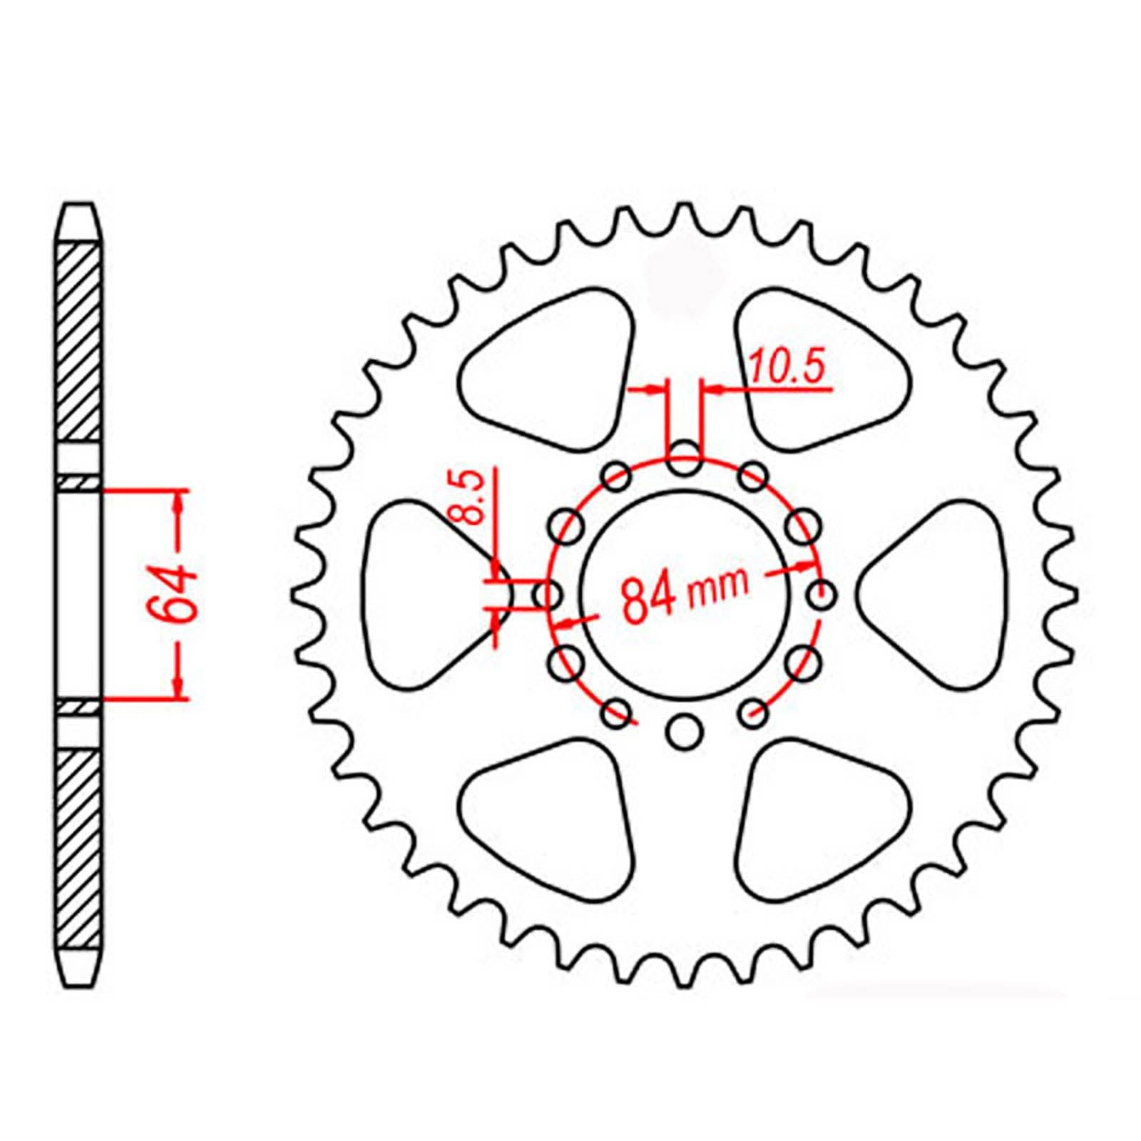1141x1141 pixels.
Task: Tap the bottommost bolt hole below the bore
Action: pos(685,732)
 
